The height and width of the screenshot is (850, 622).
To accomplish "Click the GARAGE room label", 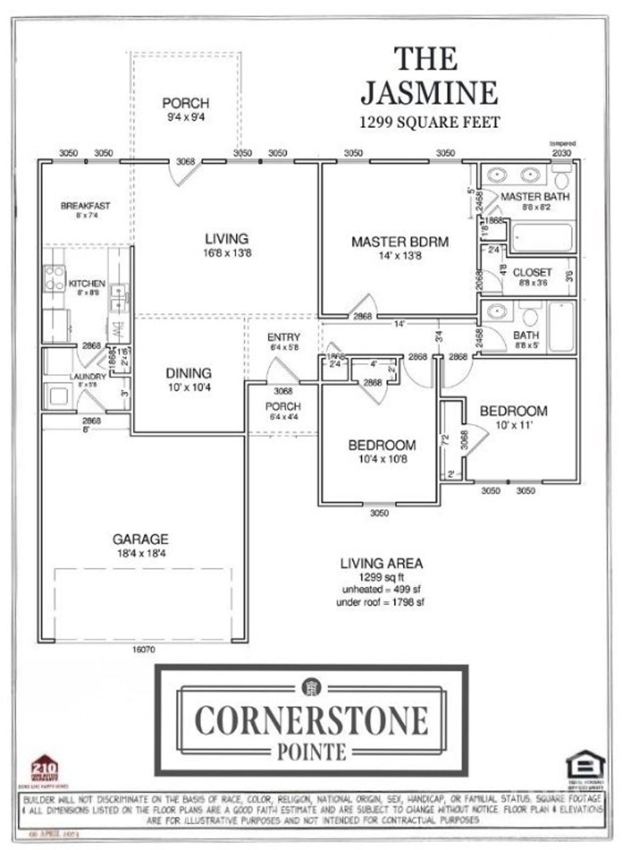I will [x=140, y=539].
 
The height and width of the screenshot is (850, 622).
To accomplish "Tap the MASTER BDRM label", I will [x=400, y=242].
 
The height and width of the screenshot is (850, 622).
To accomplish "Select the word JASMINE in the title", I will [x=429, y=93].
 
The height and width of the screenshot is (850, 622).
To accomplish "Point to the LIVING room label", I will [x=227, y=239].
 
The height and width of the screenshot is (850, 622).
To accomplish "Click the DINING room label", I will [x=189, y=373].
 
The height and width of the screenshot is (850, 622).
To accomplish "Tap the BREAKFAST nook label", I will [x=86, y=206].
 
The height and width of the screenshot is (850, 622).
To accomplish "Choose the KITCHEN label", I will [x=87, y=283].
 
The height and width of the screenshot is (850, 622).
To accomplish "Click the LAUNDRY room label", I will [x=87, y=377].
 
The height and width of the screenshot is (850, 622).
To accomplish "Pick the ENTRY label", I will [x=284, y=337].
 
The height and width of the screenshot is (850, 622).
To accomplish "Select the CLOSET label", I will [x=532, y=273].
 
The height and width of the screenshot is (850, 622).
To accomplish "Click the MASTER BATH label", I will [x=535, y=196].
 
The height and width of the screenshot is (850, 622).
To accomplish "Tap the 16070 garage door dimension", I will [x=143, y=649].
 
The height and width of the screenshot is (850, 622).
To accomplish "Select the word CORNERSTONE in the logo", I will [x=312, y=720].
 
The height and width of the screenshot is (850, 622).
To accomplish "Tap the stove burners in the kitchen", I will [x=54, y=278].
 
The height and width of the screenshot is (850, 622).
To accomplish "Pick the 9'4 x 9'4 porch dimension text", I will [x=186, y=116].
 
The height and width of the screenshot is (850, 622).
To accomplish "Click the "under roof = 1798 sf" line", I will [x=381, y=602].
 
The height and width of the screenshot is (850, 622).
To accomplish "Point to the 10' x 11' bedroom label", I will [x=514, y=425].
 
